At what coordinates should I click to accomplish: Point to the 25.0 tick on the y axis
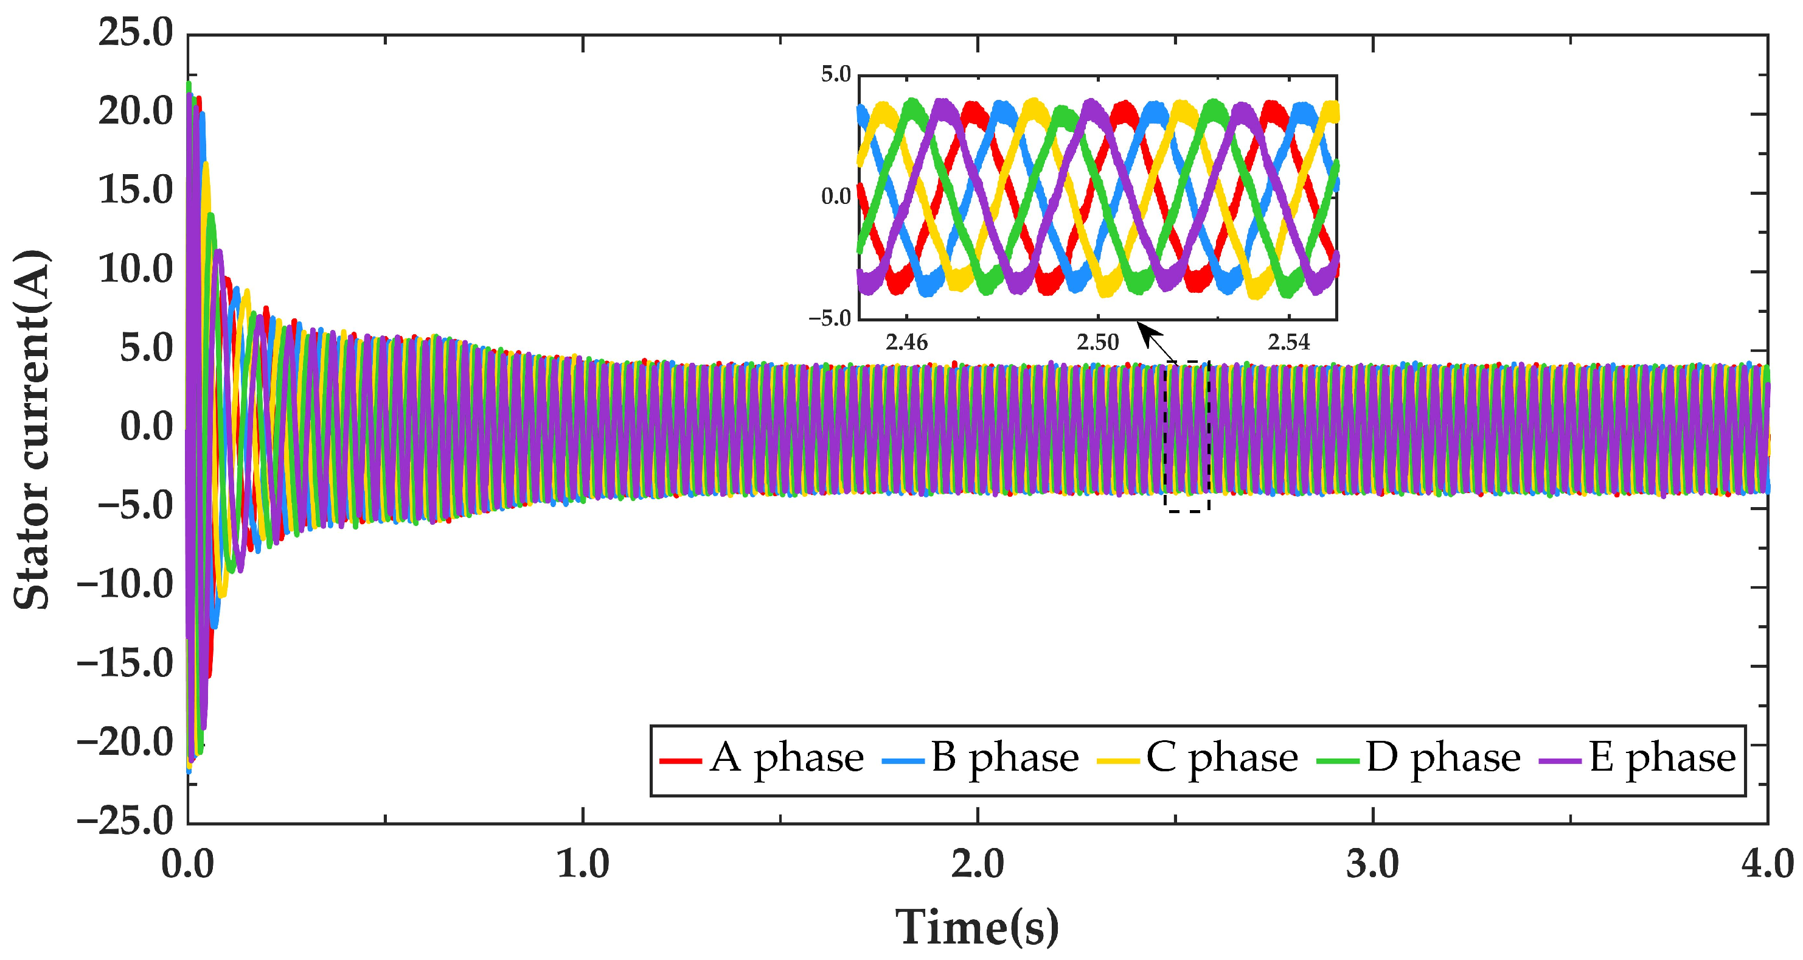(135, 33)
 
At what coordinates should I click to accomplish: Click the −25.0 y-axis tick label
(125, 821)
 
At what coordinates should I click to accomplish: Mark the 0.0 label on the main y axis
(146, 427)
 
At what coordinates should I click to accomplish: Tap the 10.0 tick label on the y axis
(135, 270)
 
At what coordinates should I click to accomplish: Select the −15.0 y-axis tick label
(125, 664)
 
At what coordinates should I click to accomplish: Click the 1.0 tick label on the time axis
(582, 865)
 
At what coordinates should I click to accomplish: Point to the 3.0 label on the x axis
(1372, 865)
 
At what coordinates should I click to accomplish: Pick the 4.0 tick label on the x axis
(1767, 865)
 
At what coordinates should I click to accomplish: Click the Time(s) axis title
(977, 928)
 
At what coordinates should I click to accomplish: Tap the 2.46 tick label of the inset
(906, 342)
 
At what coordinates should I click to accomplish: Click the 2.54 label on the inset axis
(1288, 342)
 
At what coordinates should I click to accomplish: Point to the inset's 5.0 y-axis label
(836, 74)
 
